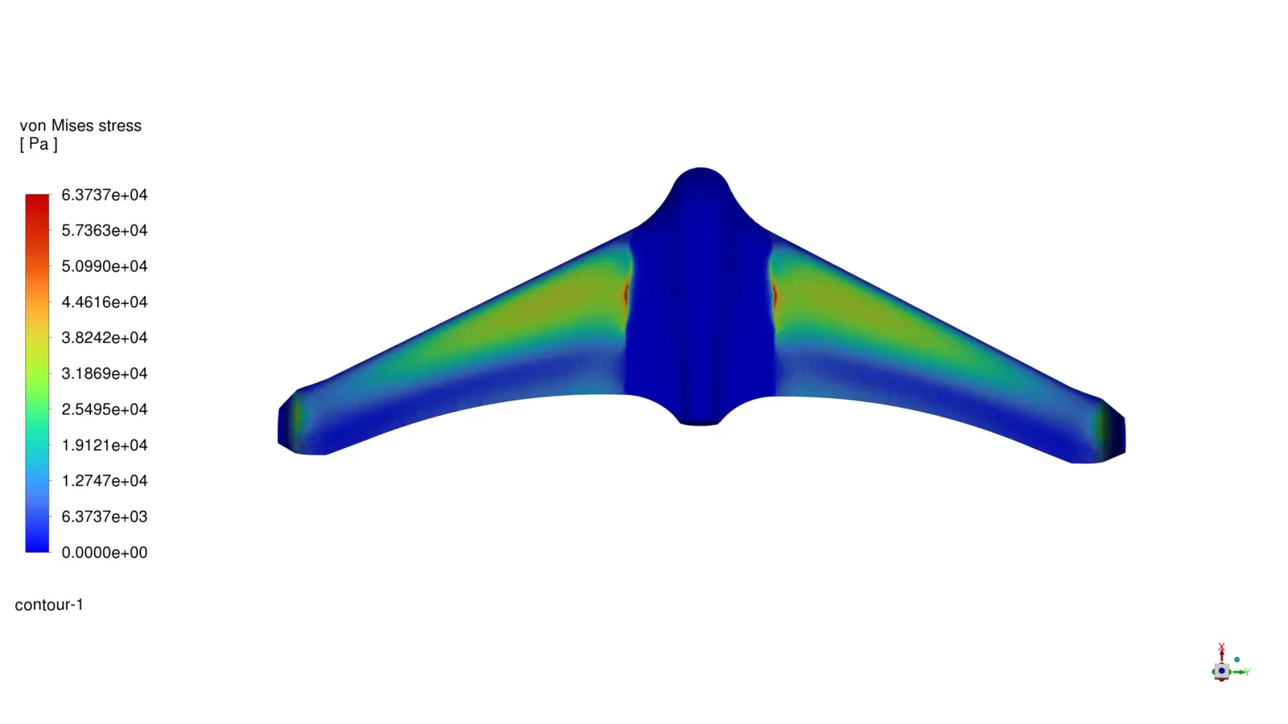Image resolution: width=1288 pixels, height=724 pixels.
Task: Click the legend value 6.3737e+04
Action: coord(104,195)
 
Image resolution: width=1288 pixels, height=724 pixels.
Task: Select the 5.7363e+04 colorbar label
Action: coord(104,231)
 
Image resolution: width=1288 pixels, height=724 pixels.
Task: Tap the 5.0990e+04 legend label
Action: coord(104,266)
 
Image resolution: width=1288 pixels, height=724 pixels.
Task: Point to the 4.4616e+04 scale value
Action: coord(104,302)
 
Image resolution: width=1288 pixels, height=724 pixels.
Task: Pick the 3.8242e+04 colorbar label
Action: coord(104,338)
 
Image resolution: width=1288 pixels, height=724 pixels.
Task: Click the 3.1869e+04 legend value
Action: coord(104,374)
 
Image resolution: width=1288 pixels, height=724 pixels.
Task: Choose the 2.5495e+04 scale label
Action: coord(104,409)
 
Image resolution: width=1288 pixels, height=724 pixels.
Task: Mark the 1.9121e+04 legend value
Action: coord(104,446)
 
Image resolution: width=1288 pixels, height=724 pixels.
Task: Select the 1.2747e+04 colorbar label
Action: coord(104,481)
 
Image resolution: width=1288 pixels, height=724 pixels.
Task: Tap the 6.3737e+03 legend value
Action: coord(104,517)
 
